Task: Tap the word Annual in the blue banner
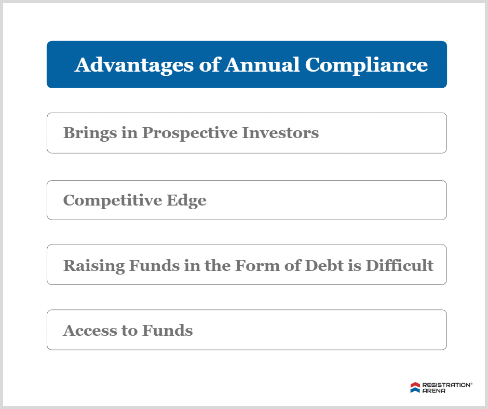262,65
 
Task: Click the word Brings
90,133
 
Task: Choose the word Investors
280,133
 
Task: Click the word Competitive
112,200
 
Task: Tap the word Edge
186,200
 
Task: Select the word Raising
94,266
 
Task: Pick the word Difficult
400,266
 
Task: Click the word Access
90,331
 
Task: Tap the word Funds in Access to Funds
168,330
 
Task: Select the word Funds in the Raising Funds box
154,266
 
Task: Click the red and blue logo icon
415,388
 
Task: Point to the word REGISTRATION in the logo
446,385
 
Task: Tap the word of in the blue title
209,65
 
